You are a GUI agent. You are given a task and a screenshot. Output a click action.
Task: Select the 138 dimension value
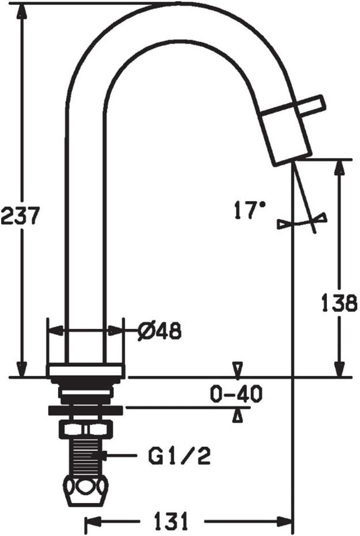coord(339,302)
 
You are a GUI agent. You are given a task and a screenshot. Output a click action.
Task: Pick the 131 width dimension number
coord(168,523)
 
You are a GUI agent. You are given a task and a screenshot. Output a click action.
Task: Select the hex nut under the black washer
coord(85,429)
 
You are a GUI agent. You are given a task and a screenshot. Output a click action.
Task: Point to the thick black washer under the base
coord(85,410)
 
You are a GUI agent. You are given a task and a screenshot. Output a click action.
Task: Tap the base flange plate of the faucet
coord(85,371)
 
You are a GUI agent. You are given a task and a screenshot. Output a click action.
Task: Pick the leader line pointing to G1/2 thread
coord(122,455)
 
